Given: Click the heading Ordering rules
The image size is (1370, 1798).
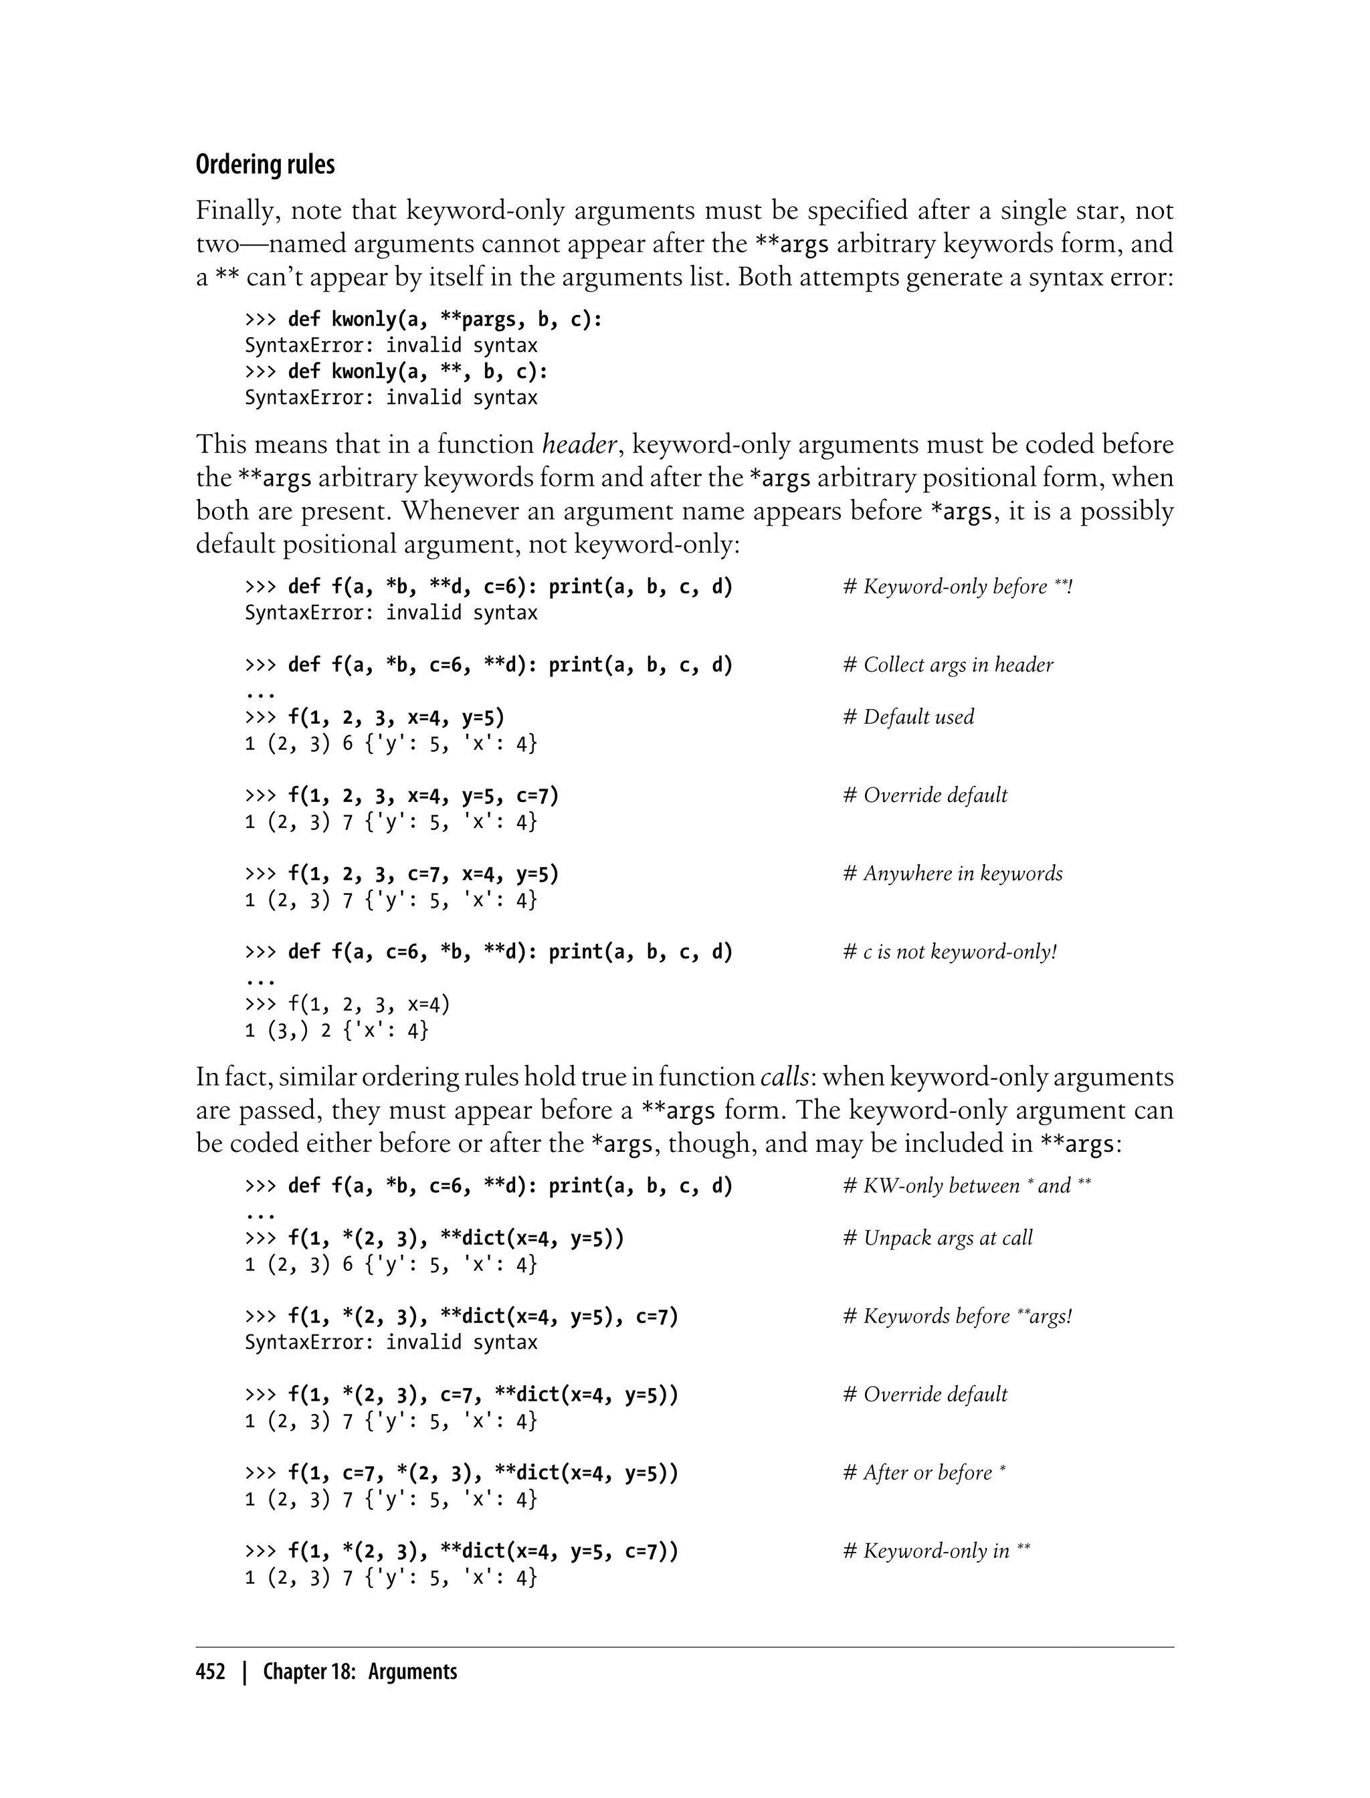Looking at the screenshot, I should (x=265, y=165).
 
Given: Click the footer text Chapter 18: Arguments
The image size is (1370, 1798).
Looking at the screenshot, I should (x=360, y=1672).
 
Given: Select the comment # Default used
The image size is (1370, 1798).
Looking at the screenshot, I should (x=908, y=718).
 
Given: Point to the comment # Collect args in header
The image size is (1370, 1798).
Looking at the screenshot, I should (x=948, y=666).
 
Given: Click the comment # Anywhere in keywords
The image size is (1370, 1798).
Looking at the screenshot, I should (x=953, y=874).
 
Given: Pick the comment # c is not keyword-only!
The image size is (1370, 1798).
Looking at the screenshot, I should (x=949, y=953).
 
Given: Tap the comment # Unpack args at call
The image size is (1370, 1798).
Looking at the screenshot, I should (x=938, y=1239).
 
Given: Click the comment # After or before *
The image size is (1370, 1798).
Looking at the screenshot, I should (x=924, y=1474).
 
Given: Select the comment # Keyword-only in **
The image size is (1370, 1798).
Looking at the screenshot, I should (x=936, y=1552).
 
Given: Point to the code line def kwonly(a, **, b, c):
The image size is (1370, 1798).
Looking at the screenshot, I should (x=417, y=372).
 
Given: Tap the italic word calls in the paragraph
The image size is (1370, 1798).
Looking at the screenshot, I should (x=785, y=1078).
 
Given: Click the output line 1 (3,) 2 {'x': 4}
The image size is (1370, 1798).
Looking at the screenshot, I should (x=336, y=1031).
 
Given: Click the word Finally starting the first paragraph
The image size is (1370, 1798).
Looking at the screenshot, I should (x=237, y=211).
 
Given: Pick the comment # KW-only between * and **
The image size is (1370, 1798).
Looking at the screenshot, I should (x=967, y=1187).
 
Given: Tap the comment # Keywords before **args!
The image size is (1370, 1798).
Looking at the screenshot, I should (x=957, y=1317).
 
